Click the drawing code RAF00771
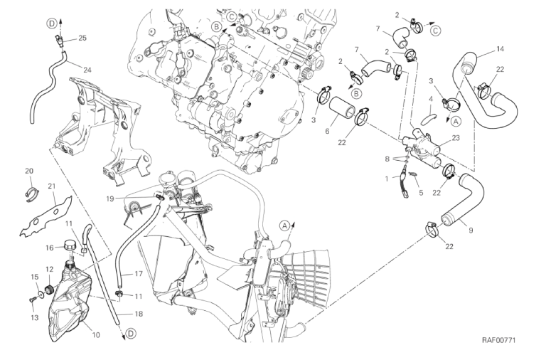[498, 340]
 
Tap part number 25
[82, 38]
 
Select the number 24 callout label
[87, 70]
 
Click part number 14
[500, 49]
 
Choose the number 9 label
[471, 231]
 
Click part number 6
[327, 131]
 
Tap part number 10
[96, 335]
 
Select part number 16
[50, 248]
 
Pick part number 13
[34, 317]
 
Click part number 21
[51, 186]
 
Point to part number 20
[29, 171]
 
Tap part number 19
[110, 198]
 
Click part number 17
[139, 274]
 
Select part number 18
[139, 314]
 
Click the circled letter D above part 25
[51, 23]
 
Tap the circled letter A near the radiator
[284, 226]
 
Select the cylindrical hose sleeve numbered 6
[342, 106]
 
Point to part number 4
[431, 100]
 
